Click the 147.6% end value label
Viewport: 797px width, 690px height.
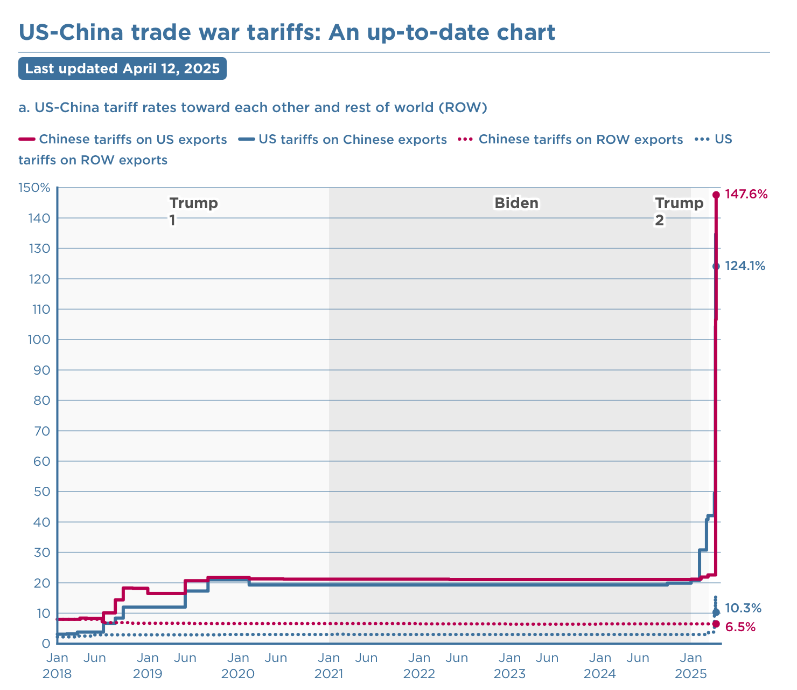pyautogui.click(x=746, y=195)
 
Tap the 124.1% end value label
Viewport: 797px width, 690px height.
pyautogui.click(x=745, y=266)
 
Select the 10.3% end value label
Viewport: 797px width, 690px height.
pyautogui.click(x=743, y=609)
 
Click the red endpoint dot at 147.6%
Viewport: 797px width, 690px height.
pyautogui.click(x=716, y=195)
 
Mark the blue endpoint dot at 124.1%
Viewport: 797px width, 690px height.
pyautogui.click(x=716, y=266)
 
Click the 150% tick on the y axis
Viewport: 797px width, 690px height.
pyautogui.click(x=34, y=188)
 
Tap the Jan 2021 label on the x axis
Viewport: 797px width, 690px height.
pyautogui.click(x=329, y=666)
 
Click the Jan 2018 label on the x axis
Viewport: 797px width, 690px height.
pyautogui.click(x=57, y=666)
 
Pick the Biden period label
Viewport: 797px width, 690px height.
pyautogui.click(x=516, y=203)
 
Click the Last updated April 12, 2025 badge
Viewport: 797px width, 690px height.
pyautogui.click(x=122, y=69)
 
